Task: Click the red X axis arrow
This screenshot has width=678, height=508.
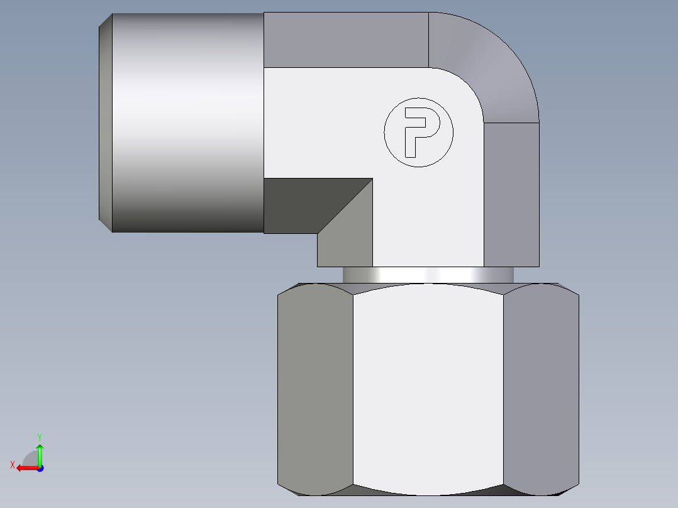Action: [25, 468]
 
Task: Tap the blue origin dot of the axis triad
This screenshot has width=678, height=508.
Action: [40, 468]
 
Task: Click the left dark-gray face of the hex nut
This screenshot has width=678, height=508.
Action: [314, 387]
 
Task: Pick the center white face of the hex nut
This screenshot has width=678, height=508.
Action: [428, 387]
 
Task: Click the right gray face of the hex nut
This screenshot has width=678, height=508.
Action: [541, 387]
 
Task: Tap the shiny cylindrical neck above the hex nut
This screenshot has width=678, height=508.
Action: [428, 275]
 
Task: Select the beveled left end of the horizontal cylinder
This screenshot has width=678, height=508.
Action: [106, 123]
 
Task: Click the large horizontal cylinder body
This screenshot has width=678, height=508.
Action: [189, 123]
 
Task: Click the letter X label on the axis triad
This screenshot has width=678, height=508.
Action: [13, 465]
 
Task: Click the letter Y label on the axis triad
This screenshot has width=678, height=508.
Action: [40, 436]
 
